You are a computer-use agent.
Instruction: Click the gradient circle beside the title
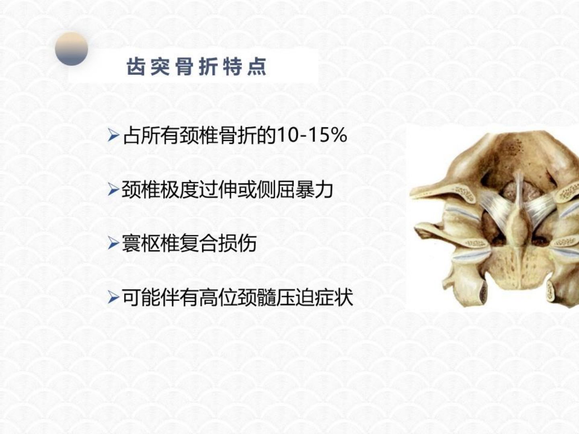pyautogui.click(x=72, y=49)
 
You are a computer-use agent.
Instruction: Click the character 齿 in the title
pyautogui.click(x=136, y=67)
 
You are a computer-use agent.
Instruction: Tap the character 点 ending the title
pyautogui.click(x=257, y=67)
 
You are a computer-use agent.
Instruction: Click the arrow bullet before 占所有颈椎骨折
pyautogui.click(x=113, y=135)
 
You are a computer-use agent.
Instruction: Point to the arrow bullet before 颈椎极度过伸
pyautogui.click(x=113, y=190)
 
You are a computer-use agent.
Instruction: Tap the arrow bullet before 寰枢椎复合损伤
pyautogui.click(x=113, y=243)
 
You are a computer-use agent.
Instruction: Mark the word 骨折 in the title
pyautogui.click(x=196, y=67)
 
